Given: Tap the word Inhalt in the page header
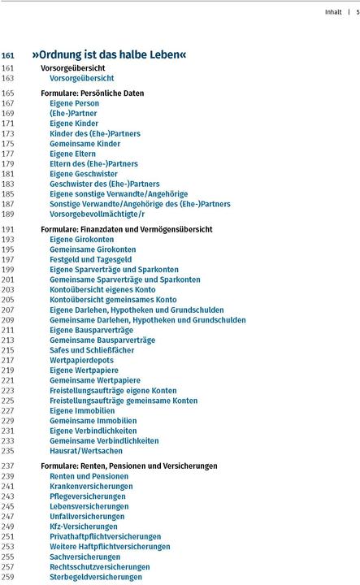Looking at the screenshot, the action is [332, 12].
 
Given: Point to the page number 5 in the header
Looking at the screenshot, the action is [356, 12].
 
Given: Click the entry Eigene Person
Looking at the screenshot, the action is [74, 103].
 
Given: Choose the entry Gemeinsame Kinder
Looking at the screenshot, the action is [85, 143].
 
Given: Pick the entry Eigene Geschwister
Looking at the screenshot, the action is [83, 174].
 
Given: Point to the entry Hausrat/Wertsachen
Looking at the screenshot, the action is [86, 450].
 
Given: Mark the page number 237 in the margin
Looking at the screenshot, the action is [8, 466].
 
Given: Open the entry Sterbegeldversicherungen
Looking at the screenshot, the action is [95, 576].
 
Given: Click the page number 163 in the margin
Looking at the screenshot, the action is [8, 79].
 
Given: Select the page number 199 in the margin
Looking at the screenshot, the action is [8, 269].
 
